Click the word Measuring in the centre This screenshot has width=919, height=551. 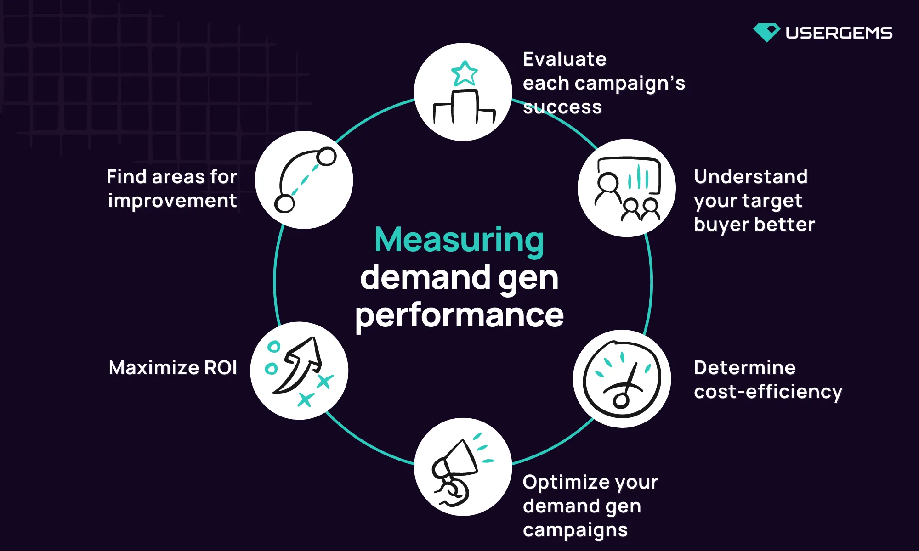pos(459,240)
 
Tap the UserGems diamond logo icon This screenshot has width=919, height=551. pos(766,33)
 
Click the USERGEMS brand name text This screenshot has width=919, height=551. pos(839,33)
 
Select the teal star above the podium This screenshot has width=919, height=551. pos(465,73)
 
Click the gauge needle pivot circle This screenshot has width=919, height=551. pos(621,400)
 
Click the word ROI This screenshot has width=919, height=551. pos(220,368)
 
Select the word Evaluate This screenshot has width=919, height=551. pos(565,59)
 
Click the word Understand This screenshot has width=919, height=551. pos(751,177)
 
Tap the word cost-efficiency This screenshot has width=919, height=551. pos(768,392)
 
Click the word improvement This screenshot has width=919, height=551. pos(172,201)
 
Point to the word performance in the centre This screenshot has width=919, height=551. pos(459,315)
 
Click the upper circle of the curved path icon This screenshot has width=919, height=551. pos(326,157)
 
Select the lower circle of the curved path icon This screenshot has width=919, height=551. pos(284,203)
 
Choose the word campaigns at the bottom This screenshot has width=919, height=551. pos(575,530)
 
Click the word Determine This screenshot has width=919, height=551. pos(744,368)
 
